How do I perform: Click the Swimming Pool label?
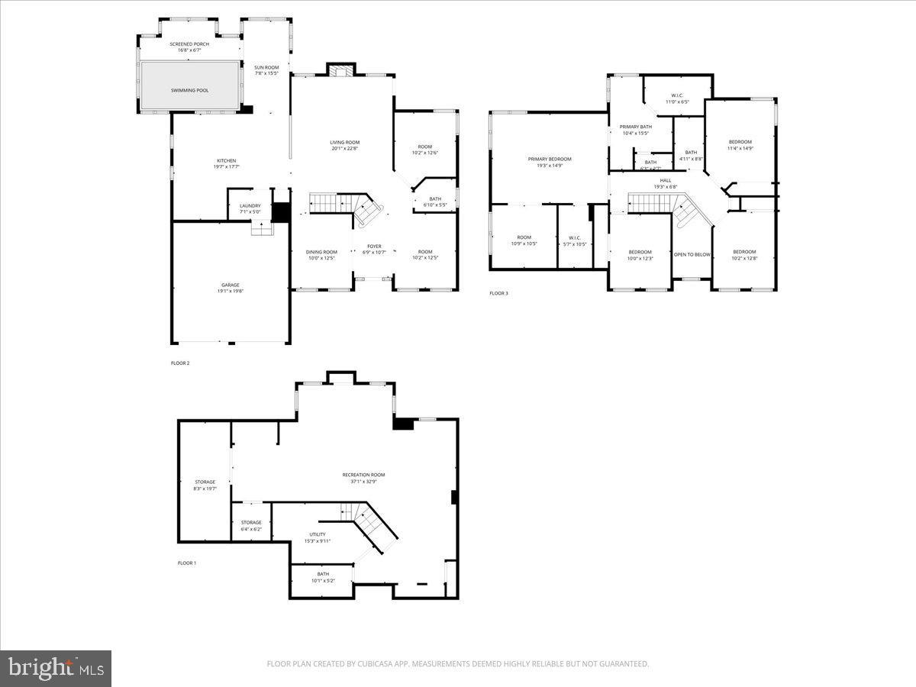coord(189,90)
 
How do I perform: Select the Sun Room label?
coord(266,67)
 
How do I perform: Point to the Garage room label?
coord(231,285)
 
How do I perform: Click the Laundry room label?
coord(250,205)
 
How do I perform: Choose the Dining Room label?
coord(321,252)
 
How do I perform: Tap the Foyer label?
coord(373,246)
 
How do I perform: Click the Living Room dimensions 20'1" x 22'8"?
coord(344,149)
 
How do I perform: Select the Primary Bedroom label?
coord(549,159)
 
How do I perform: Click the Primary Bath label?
coord(635,127)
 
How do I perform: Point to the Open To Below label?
coord(692,254)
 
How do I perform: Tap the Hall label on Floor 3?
coord(666,180)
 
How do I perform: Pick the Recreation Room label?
coord(363,475)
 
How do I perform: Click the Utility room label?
coord(318,534)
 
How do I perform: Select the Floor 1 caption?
coord(187,563)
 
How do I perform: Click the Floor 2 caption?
coord(180,363)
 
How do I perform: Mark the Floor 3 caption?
coord(498,293)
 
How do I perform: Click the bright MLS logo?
coord(56,668)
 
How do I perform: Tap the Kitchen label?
coord(226,160)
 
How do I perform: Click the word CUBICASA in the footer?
coord(372,664)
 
